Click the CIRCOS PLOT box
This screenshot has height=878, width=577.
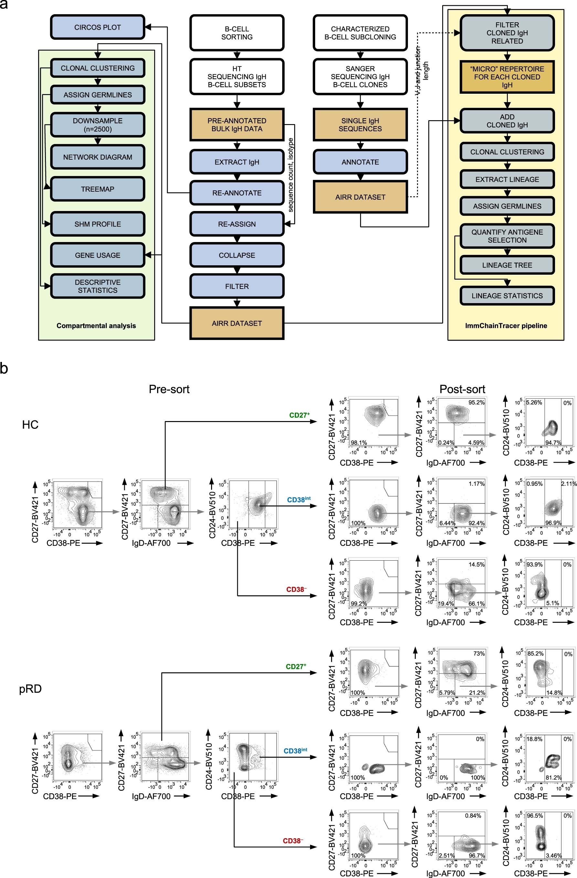tap(97, 27)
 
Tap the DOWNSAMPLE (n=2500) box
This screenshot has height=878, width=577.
tap(97, 125)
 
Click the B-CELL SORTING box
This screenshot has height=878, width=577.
tap(237, 33)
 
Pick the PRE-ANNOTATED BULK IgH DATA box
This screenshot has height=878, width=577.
tap(237, 125)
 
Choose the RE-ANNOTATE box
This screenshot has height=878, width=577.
tap(237, 193)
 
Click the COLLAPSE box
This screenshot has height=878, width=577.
tap(237, 255)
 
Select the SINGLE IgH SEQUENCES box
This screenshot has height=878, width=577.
tap(360, 125)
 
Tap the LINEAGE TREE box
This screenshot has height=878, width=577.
tap(507, 265)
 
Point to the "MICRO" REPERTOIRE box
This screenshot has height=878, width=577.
tap(507, 77)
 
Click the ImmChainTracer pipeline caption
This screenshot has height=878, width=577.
tap(506, 326)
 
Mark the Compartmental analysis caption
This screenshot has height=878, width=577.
tap(96, 326)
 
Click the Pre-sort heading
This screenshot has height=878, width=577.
tap(169, 389)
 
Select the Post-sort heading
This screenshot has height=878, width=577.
tap(462, 389)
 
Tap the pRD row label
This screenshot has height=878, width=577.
tap(30, 689)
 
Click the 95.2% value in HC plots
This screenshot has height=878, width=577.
tap(476, 402)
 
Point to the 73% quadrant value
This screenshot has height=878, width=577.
tap(479, 654)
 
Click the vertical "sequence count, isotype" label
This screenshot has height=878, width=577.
tap(291, 175)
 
